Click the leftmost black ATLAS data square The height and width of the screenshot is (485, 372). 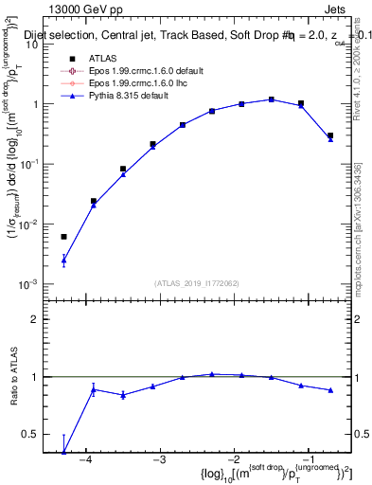(64, 237)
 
